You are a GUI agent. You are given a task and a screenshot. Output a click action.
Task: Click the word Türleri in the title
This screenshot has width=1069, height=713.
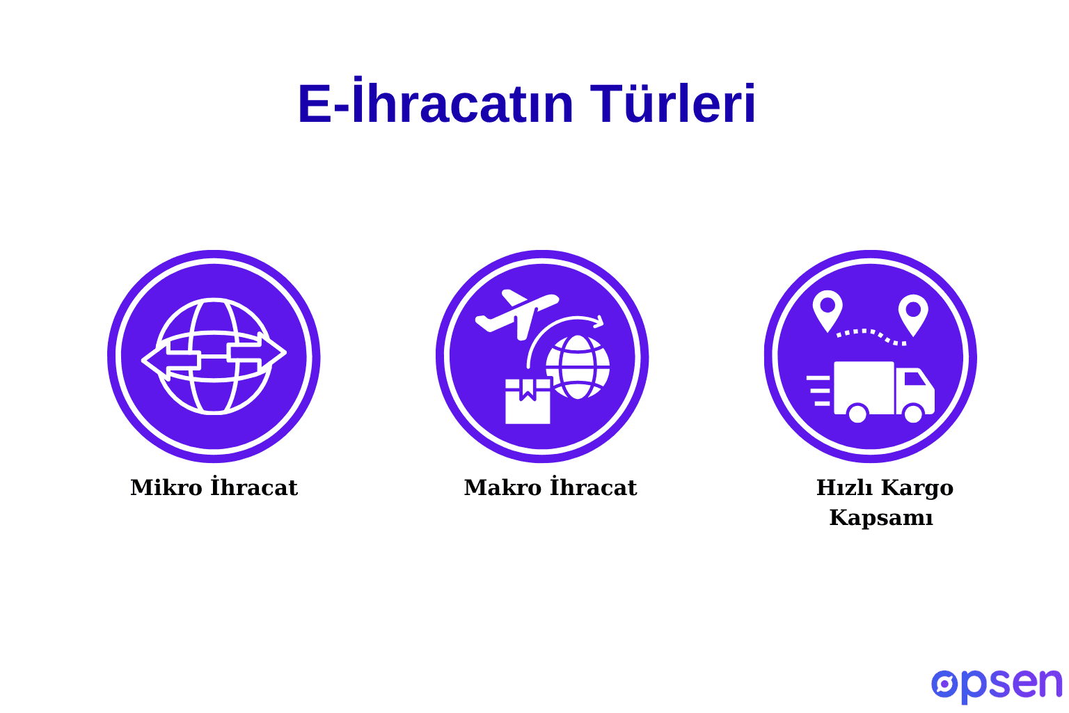(x=673, y=104)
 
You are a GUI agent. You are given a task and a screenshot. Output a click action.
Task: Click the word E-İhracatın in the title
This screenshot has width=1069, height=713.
(x=436, y=104)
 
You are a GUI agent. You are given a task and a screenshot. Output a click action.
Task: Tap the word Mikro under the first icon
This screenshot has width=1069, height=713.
(x=166, y=487)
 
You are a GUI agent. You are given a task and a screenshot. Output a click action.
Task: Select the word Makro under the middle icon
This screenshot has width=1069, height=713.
(x=503, y=487)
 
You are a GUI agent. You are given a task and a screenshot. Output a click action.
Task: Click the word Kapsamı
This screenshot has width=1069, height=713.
(x=881, y=518)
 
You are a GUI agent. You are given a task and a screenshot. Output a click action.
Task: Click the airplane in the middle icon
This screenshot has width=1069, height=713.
(x=516, y=312)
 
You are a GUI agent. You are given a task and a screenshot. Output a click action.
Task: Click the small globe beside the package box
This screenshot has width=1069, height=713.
(x=578, y=367)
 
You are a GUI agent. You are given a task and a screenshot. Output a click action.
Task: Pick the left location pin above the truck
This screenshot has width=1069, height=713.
(x=828, y=308)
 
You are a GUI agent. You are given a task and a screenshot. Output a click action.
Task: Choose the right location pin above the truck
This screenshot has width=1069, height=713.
(x=913, y=311)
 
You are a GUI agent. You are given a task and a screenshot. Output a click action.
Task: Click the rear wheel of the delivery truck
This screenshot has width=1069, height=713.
(x=857, y=414)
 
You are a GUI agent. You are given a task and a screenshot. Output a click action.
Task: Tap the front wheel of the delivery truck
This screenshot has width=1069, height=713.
(x=913, y=414)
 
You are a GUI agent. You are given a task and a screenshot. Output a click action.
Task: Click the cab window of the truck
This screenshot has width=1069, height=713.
(x=914, y=378)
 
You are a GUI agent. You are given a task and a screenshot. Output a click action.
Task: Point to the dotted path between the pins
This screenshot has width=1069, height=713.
(x=871, y=334)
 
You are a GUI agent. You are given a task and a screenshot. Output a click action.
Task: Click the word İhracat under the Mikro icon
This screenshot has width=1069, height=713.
(x=254, y=487)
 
